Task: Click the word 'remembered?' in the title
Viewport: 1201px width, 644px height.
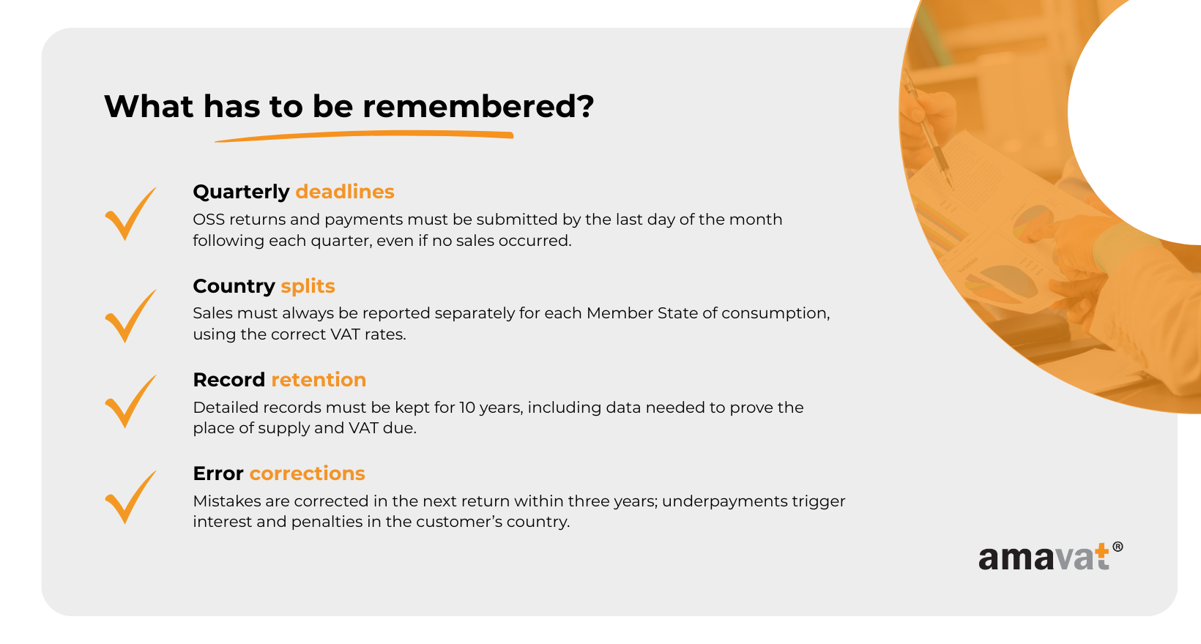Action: click(478, 106)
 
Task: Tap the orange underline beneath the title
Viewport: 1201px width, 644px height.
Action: click(365, 136)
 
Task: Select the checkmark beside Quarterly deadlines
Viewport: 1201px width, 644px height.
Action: click(130, 213)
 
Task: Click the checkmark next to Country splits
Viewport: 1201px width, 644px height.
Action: click(130, 315)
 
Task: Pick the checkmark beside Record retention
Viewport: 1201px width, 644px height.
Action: click(130, 401)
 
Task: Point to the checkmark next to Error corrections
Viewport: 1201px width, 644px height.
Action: click(130, 497)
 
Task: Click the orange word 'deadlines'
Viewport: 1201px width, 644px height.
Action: click(345, 192)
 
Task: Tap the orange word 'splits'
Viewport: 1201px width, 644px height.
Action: click(308, 287)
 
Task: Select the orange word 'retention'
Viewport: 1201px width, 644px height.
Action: click(319, 380)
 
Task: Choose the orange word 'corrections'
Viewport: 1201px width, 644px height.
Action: click(308, 473)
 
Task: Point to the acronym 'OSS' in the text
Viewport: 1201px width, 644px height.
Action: click(209, 220)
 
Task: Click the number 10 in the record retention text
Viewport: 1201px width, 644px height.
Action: click(467, 408)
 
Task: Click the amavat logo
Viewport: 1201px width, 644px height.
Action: click(1050, 557)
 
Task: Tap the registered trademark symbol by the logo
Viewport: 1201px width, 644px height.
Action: click(1118, 547)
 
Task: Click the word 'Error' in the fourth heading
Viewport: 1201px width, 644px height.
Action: click(218, 473)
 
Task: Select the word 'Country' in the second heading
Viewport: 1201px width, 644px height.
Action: click(234, 287)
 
